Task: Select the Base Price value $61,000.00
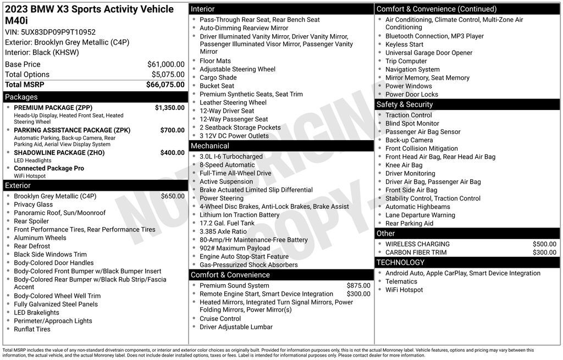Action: [x=165, y=64]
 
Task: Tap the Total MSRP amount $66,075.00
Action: [x=165, y=85]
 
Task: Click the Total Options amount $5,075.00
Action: [x=168, y=75]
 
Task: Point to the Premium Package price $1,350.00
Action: [x=169, y=108]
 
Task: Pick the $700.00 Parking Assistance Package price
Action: [x=172, y=130]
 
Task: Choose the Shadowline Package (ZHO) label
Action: [x=59, y=153]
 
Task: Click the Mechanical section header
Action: [x=209, y=146]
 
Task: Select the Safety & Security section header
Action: [x=404, y=104]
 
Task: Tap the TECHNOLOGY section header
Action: [x=400, y=263]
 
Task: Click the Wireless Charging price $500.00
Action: [x=544, y=244]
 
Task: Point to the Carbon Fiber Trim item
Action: [x=416, y=252]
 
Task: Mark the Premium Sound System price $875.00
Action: [x=358, y=286]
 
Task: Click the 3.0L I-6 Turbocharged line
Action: [x=231, y=157]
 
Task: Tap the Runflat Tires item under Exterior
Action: [x=32, y=329]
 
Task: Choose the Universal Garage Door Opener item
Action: [x=429, y=53]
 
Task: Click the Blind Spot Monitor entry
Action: [x=412, y=124]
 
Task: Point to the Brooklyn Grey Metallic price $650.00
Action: [x=173, y=196]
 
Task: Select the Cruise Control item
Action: [x=220, y=319]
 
